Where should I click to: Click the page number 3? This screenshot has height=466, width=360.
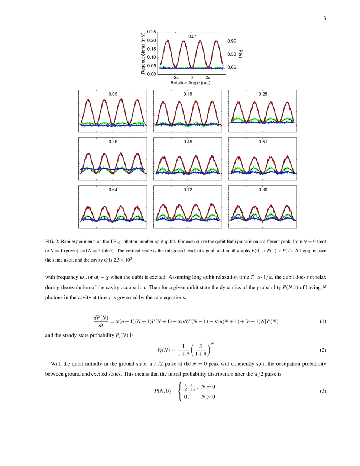point(325,18)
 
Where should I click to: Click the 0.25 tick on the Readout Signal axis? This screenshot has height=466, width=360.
point(152,32)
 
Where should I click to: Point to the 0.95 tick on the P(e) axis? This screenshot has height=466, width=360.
point(231,41)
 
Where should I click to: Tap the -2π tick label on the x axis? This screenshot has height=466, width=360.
point(175,78)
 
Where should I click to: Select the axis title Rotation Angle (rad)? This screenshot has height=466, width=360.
point(190,83)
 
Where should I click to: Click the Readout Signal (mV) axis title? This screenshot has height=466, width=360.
point(143,53)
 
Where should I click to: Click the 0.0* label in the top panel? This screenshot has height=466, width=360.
point(192,36)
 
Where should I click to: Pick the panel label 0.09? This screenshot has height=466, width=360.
point(113,94)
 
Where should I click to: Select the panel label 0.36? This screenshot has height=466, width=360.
point(113,142)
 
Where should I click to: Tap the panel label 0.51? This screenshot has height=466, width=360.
point(263,142)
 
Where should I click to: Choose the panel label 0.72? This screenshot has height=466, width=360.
point(188,190)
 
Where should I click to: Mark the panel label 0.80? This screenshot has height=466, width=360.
point(263,190)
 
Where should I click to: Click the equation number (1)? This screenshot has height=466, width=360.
point(322,321)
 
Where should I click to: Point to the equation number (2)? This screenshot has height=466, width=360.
point(322,350)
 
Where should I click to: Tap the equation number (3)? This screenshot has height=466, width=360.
point(322,391)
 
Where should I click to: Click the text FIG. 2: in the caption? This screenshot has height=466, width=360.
point(52,242)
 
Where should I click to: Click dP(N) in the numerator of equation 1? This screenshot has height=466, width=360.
point(100,318)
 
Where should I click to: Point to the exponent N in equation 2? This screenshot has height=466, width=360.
point(212,344)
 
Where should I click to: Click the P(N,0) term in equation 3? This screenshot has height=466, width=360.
point(162,391)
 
